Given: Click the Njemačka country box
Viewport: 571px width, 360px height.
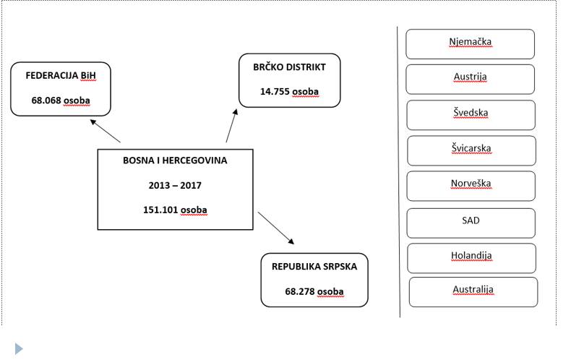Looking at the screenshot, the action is tap(470, 44).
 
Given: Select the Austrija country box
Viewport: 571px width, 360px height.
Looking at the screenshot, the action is tap(470, 80).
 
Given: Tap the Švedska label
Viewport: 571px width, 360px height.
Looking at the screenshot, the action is tap(471, 113).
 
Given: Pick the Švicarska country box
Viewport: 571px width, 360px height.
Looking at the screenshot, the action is tap(471, 150).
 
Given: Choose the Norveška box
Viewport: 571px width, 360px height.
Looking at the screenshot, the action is tap(471, 186).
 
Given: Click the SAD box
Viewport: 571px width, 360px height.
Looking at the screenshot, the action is tap(471, 223).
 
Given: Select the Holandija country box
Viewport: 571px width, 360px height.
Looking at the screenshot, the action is tap(471, 258).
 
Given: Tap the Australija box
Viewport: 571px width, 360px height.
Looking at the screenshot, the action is tap(473, 292).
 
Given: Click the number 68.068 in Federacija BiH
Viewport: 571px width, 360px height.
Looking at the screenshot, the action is tap(46, 100).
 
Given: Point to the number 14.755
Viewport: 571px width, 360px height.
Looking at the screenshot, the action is tap(275, 92).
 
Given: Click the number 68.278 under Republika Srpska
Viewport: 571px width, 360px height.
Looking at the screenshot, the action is tap(300, 291).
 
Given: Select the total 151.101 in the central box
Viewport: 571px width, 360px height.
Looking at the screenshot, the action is tap(160, 210).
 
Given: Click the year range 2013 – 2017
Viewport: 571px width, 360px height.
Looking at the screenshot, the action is tap(175, 186).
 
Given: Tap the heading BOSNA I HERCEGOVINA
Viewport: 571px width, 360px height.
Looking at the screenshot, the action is tap(175, 160).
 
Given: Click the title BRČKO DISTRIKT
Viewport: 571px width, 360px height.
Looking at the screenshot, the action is tap(290, 67).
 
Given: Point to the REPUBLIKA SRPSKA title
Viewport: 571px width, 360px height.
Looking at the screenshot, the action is tap(314, 266).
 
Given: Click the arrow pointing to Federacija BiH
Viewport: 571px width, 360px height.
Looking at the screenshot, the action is tap(106, 131).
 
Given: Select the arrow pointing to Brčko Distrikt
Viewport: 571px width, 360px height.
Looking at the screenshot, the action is tap(231, 125).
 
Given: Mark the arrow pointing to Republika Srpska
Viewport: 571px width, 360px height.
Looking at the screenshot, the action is tap(276, 228).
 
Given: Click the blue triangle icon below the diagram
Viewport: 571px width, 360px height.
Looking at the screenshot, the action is tap(19, 348).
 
